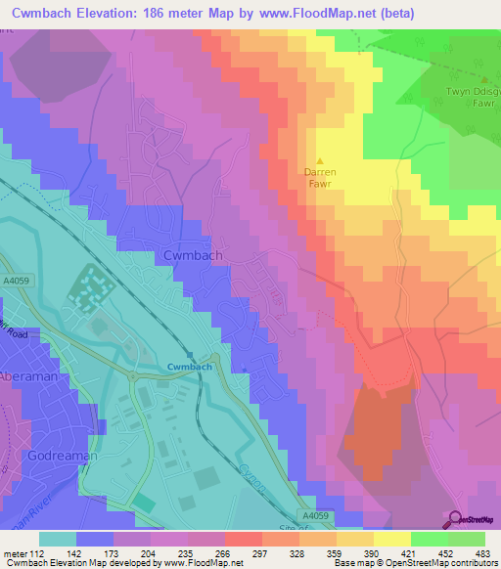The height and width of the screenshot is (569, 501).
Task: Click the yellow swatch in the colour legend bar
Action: click(391, 539)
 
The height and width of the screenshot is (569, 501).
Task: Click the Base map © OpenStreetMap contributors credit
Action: click(416, 563)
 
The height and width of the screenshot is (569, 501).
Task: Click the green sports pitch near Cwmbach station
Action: click(144, 501)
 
